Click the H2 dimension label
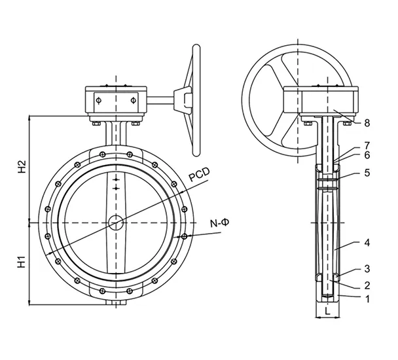21,167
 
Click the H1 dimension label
21,263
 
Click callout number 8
367,122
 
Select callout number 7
367,145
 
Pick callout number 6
367,155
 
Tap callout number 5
367,173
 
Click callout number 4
367,242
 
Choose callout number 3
367,268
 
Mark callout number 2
367,285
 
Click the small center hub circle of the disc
116,223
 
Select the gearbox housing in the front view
116,101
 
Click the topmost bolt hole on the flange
116,151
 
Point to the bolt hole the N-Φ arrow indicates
184,236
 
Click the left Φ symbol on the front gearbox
99,101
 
